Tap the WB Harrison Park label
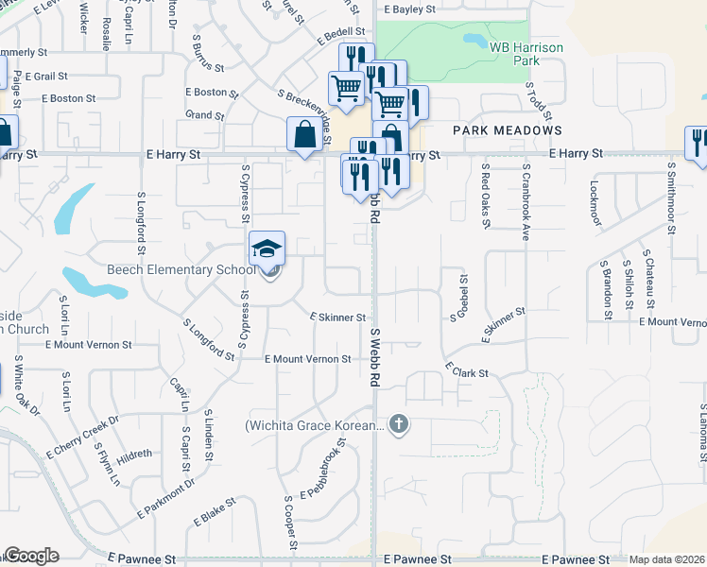point(513,52)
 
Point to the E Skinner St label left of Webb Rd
point(337,318)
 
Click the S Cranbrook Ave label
point(525,202)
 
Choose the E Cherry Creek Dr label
point(82,437)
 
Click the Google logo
point(31,556)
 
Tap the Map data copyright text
point(665,559)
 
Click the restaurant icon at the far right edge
point(698,142)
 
